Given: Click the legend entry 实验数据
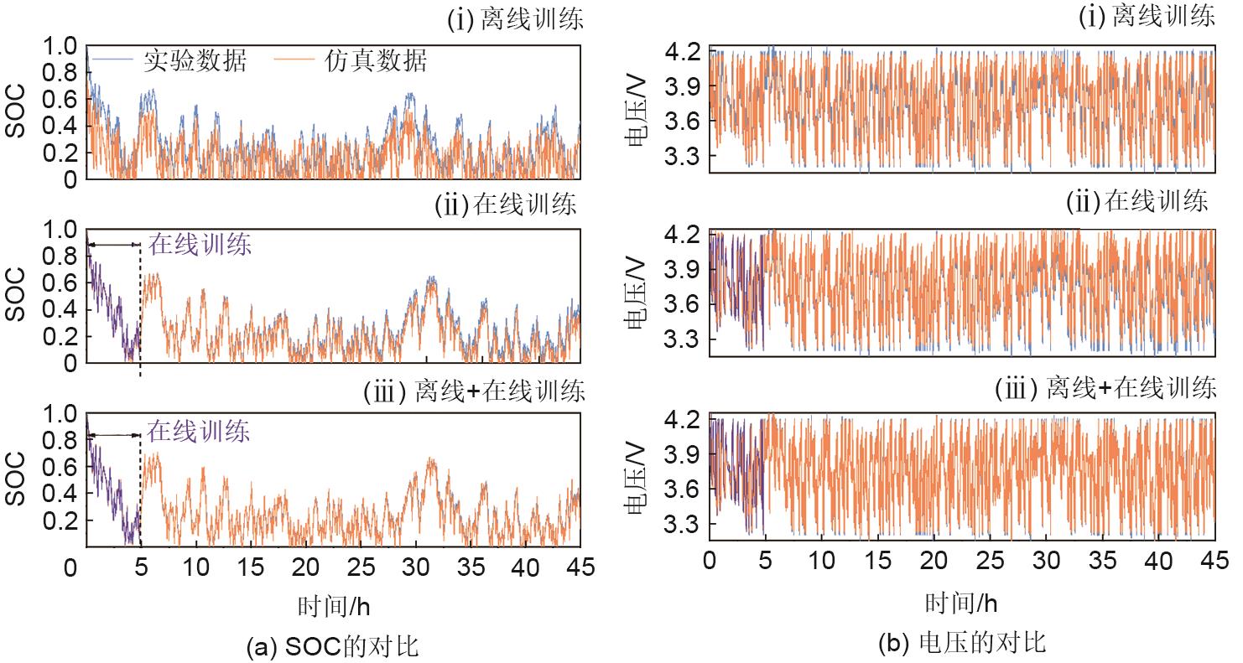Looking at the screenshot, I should [x=195, y=60].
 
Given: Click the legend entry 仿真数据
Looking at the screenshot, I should [x=377, y=60].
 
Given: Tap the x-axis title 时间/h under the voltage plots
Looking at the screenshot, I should [x=961, y=603].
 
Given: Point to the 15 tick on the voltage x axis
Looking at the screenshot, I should [x=878, y=560].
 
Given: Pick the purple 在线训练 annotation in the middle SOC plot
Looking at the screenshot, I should [x=200, y=245].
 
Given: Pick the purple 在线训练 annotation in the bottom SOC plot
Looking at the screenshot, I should [x=199, y=433].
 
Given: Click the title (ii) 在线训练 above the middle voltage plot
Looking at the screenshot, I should [x=1137, y=201].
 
